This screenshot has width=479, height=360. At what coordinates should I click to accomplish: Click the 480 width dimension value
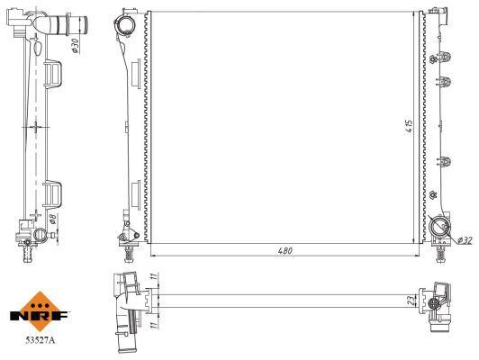pyautogui.click(x=285, y=251)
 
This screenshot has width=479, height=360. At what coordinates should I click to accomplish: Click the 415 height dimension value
pyautogui.click(x=410, y=126)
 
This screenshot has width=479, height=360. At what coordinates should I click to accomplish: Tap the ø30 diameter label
pyautogui.click(x=75, y=46)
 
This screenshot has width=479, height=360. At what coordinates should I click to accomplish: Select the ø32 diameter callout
pyautogui.click(x=465, y=240)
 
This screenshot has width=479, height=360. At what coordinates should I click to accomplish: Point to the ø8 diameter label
pyautogui.click(x=53, y=219)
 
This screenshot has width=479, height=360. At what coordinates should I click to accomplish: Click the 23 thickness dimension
pyautogui.click(x=412, y=301)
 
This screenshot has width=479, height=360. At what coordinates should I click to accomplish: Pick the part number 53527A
pyautogui.click(x=40, y=340)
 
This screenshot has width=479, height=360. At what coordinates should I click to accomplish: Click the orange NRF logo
pyautogui.click(x=40, y=311)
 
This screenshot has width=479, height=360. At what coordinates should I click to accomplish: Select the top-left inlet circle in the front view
pyautogui.click(x=125, y=23)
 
